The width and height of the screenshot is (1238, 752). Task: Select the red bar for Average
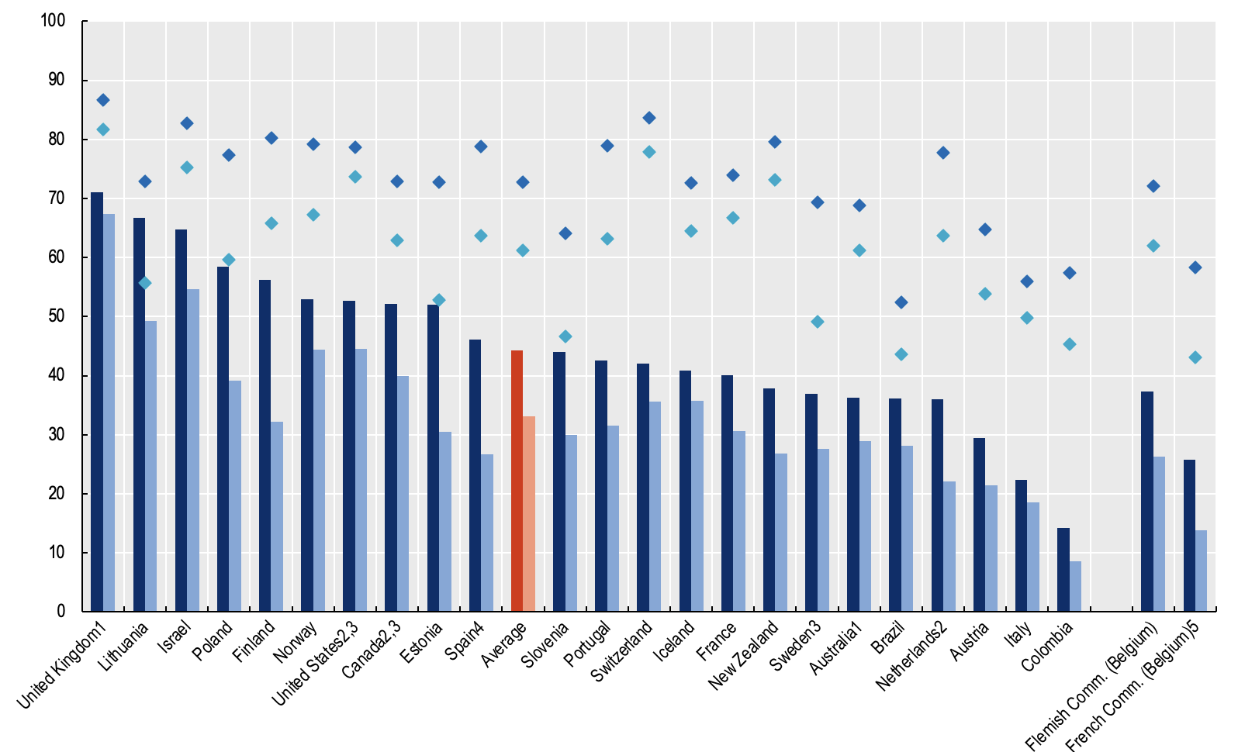(517, 481)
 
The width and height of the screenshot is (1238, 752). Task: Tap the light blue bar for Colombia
(1075, 586)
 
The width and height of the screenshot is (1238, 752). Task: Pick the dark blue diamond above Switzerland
(649, 118)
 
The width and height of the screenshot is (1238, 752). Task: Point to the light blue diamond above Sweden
(818, 322)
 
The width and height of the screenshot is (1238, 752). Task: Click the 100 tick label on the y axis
(53, 21)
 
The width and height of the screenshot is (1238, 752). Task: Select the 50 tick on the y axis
(57, 316)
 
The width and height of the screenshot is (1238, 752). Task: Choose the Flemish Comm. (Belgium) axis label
(1092, 687)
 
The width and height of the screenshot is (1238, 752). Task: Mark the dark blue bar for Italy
(1021, 546)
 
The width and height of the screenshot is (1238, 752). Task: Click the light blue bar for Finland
(277, 516)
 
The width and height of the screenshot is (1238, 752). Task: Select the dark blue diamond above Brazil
(901, 302)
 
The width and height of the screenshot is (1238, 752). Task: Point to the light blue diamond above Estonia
(439, 300)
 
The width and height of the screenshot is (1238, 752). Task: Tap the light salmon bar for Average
(529, 513)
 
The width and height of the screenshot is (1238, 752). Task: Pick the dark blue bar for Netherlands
(937, 505)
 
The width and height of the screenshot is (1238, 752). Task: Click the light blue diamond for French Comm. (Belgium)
(1195, 357)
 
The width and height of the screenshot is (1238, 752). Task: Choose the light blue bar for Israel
(193, 450)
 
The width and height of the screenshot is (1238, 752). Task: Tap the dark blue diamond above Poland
(229, 155)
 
